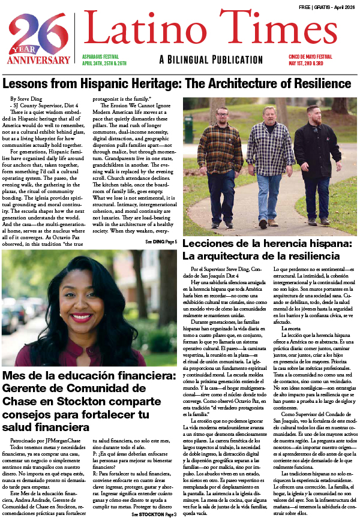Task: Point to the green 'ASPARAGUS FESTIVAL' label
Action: [101, 55]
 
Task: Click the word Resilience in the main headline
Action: [319, 83]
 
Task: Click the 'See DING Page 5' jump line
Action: [161, 241]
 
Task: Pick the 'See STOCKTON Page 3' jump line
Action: [154, 514]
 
